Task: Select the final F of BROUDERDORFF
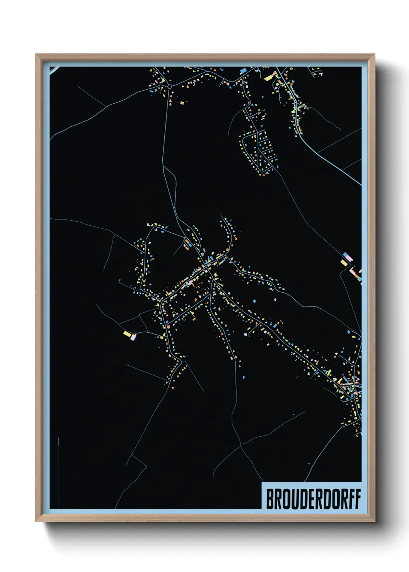[x=357, y=499]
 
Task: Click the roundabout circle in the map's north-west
[x=169, y=86]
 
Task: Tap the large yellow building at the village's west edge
[x=127, y=334]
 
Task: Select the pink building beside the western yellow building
[x=133, y=337]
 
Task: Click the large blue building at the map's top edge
[x=244, y=71]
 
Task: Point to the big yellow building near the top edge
[x=269, y=77]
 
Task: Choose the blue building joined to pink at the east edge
[x=345, y=255]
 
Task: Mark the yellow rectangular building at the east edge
[x=344, y=263]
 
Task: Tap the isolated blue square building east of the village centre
[x=254, y=301]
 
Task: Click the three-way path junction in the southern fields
[x=241, y=445]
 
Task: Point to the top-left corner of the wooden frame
[x=36, y=54]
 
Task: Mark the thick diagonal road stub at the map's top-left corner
[x=55, y=70]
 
